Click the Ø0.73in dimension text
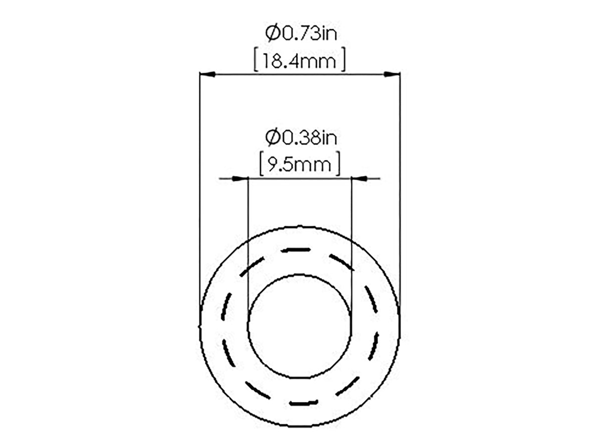click(301, 34)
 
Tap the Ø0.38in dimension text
click(301, 138)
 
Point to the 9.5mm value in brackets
click(299, 164)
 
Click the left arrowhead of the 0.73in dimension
click(207, 74)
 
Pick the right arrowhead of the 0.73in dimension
click(392, 74)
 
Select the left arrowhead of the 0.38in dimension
click(240, 179)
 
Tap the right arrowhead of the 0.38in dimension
click(359, 179)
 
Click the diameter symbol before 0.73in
click(272, 34)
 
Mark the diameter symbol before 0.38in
click(272, 138)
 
